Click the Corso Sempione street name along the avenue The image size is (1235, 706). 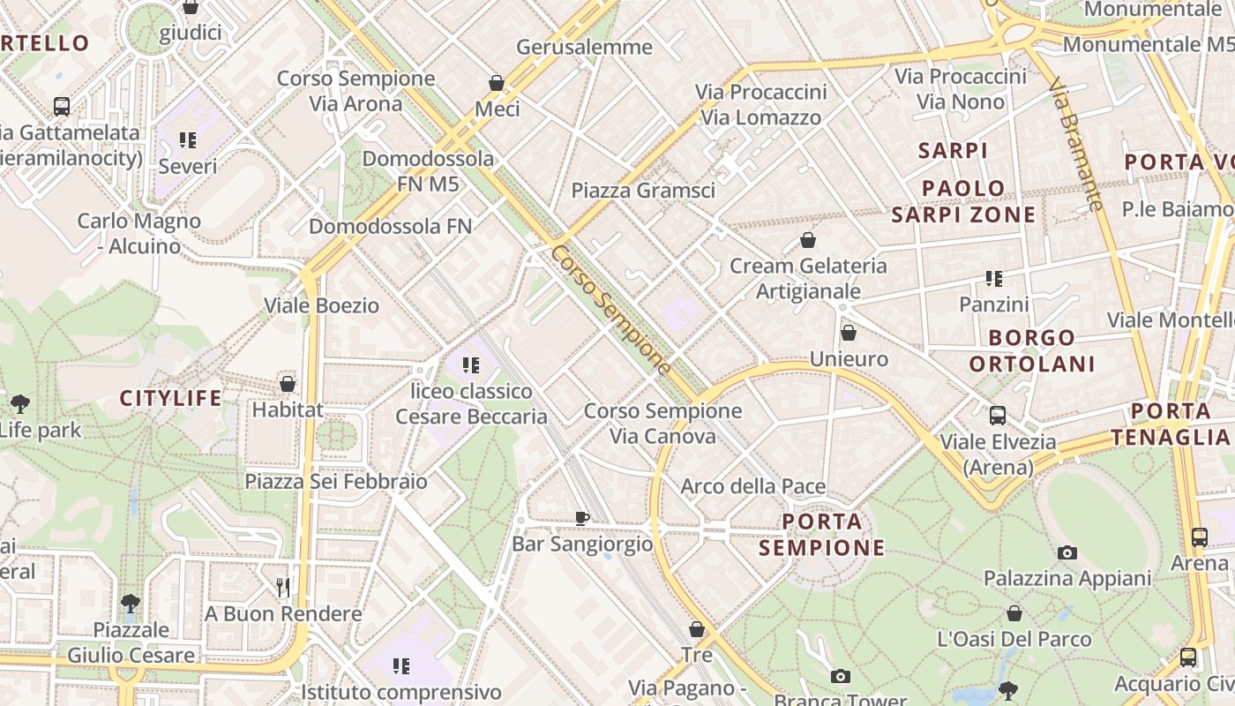pyautogui.click(x=610, y=310)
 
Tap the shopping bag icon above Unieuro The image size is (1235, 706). pyautogui.click(x=848, y=333)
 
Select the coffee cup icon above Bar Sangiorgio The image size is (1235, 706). pyautogui.click(x=581, y=518)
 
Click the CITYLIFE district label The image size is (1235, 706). pyautogui.click(x=171, y=398)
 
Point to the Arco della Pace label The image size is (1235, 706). pyautogui.click(x=753, y=486)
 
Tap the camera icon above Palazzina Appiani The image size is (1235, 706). pyautogui.click(x=1067, y=552)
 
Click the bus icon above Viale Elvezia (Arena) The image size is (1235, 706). pyautogui.click(x=998, y=415)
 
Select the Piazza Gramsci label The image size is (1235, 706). pyautogui.click(x=643, y=191)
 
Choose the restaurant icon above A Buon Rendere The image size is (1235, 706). pyautogui.click(x=283, y=587)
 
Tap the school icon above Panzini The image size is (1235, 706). pyautogui.click(x=994, y=279)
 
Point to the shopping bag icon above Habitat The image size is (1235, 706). pyautogui.click(x=288, y=384)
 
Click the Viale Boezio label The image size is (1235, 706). pyautogui.click(x=322, y=306)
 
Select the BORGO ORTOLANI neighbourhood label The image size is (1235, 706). pyautogui.click(x=1032, y=350)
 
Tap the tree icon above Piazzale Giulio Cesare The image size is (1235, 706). pyautogui.click(x=131, y=604)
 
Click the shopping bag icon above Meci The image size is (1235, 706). pyautogui.click(x=497, y=83)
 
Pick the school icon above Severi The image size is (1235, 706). pyautogui.click(x=187, y=139)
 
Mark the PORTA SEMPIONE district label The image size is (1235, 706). pyautogui.click(x=821, y=535)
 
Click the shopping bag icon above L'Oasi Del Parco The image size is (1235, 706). pyautogui.click(x=1014, y=612)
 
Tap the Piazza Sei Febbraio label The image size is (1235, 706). pyautogui.click(x=336, y=482)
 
